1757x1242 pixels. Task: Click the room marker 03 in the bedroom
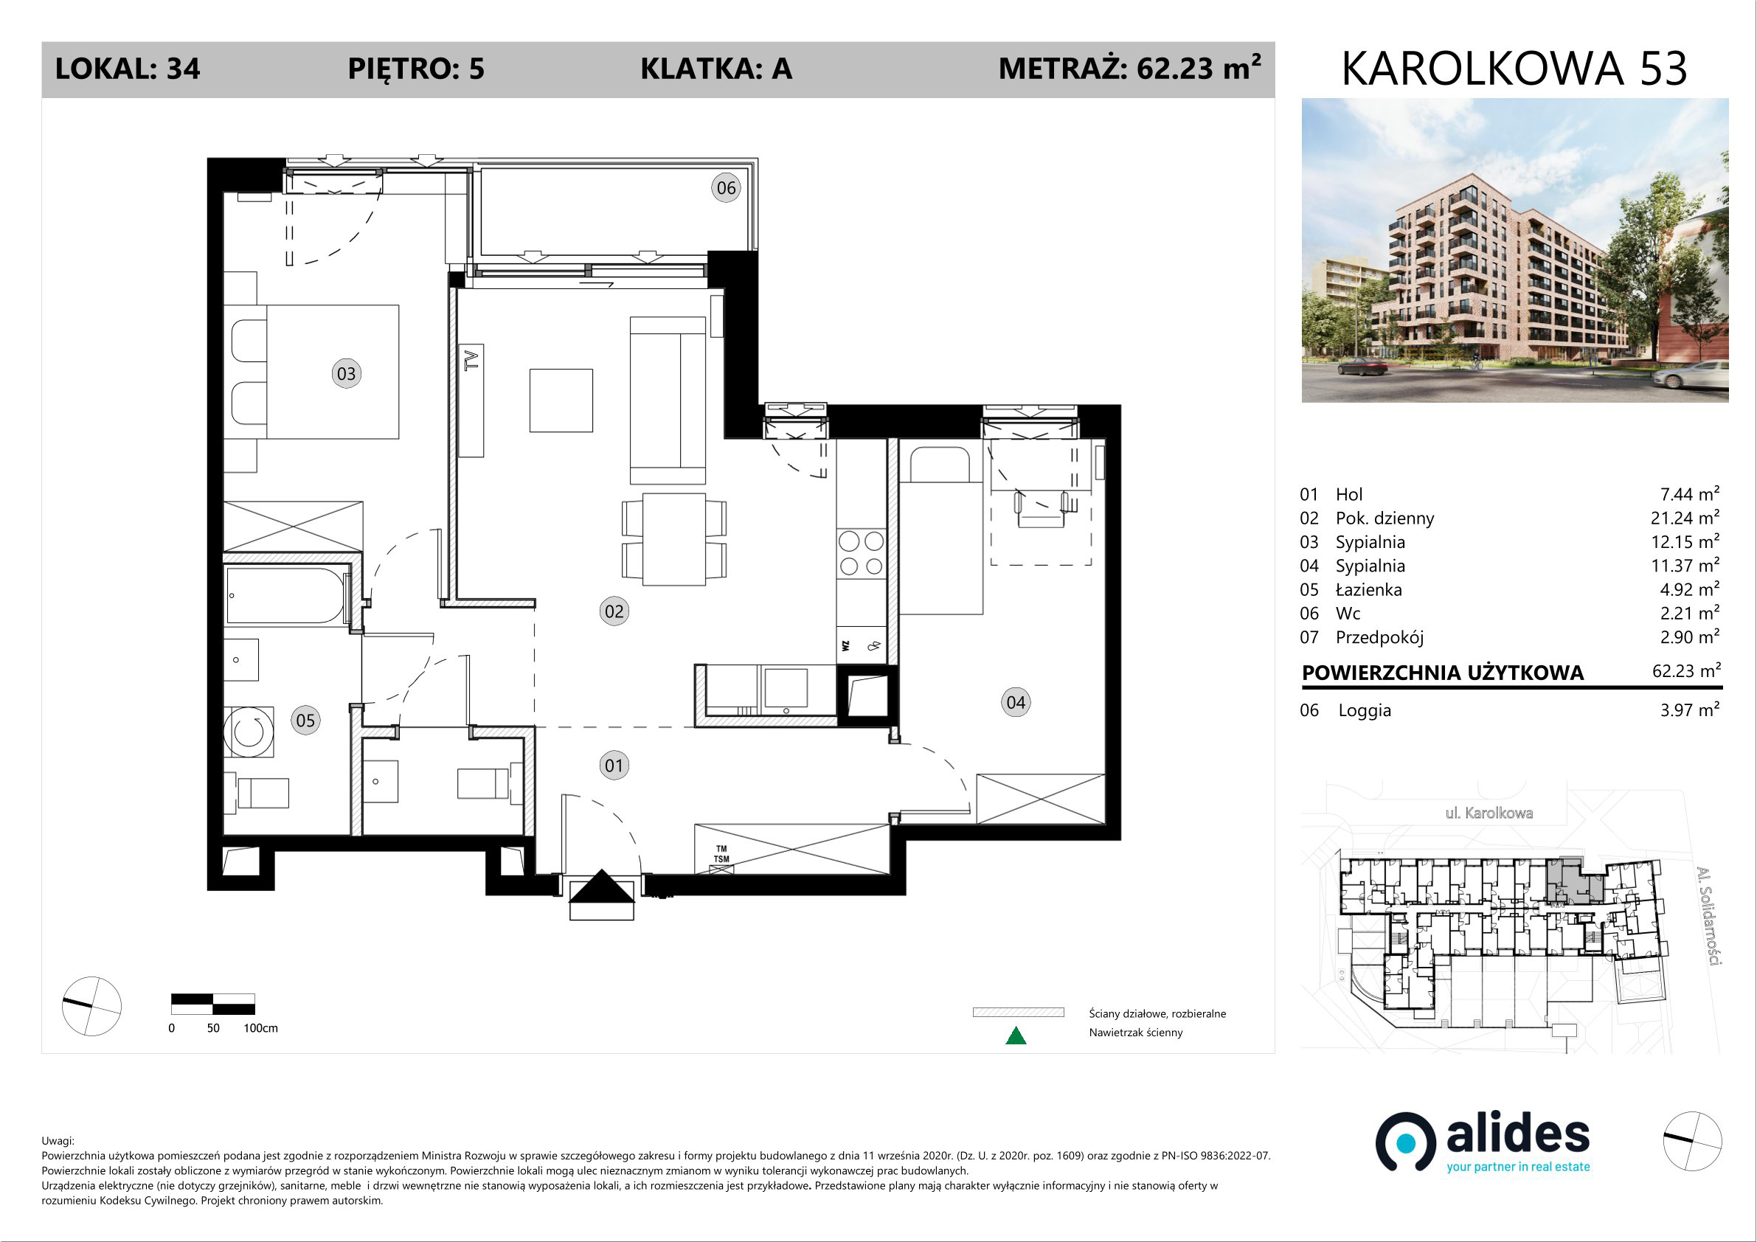(x=346, y=373)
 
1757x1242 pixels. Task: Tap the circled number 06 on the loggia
(x=726, y=187)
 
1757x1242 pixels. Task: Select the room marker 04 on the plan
(x=1016, y=703)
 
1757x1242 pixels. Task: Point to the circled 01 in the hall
(x=614, y=766)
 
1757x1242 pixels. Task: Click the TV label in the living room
(x=472, y=360)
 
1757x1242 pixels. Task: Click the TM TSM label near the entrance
(x=721, y=854)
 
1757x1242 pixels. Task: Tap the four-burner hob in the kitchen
(x=861, y=553)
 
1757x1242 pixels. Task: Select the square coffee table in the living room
(x=561, y=400)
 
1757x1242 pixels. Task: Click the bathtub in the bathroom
(x=285, y=595)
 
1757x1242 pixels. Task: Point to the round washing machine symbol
(x=249, y=732)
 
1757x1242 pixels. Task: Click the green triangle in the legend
(x=1016, y=1035)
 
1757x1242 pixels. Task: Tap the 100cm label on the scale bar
(x=260, y=1027)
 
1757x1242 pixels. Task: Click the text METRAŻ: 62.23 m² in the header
(x=1129, y=68)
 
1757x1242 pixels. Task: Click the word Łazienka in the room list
(x=1369, y=589)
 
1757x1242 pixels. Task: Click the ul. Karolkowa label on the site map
(x=1489, y=813)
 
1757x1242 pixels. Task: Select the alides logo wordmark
(x=1517, y=1134)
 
